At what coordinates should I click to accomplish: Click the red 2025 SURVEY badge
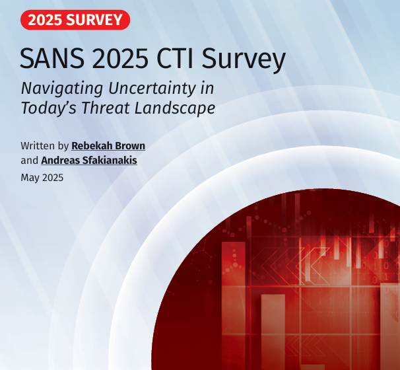tap(75, 20)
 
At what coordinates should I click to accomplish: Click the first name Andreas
tap(61, 160)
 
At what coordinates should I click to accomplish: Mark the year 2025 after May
tap(53, 177)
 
